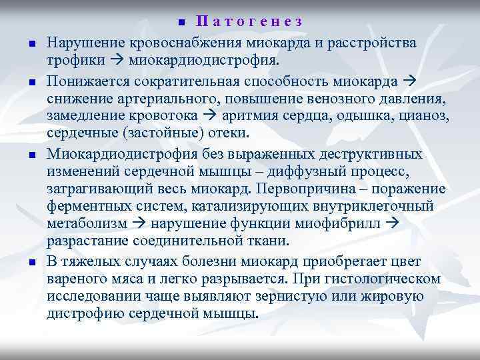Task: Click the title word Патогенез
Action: click(251, 21)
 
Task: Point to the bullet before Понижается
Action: click(31, 84)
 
